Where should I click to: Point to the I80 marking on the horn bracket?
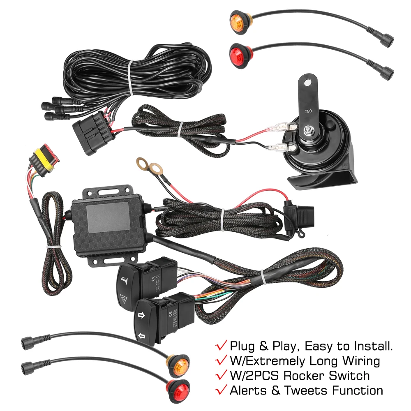click(x=309, y=111)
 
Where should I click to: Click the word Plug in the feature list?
click(x=243, y=346)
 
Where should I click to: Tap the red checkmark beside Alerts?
click(x=221, y=390)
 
